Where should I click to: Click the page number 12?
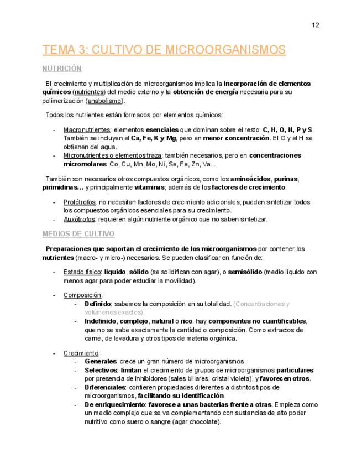point(316,25)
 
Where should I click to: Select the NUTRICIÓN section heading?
point(62,69)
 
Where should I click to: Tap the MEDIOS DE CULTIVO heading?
point(78,234)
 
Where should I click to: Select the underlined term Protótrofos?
point(80,202)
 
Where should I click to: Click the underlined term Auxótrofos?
point(80,219)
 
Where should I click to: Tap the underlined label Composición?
point(82,295)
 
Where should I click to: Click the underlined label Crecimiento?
point(81,353)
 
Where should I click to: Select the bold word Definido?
point(98,304)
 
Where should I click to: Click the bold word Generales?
point(101,362)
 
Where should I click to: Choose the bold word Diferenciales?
point(104,388)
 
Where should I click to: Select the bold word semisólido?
point(244,272)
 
